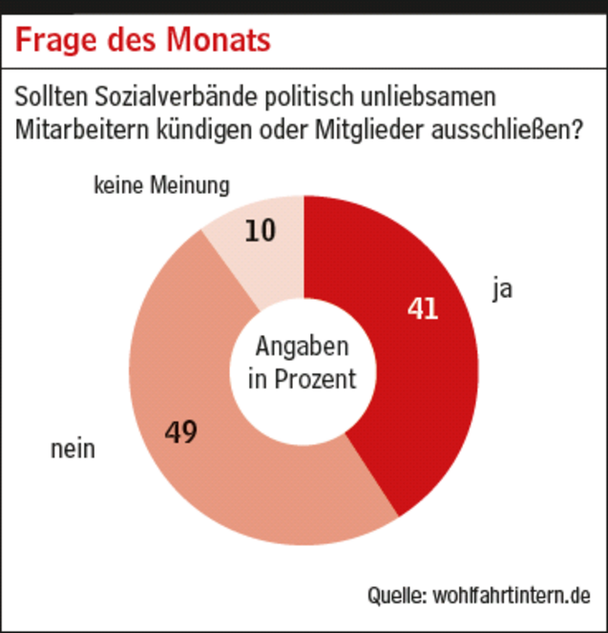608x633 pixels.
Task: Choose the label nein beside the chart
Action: coord(73,448)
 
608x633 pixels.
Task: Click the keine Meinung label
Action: coord(161,186)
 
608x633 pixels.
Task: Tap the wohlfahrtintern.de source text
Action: coord(513,594)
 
